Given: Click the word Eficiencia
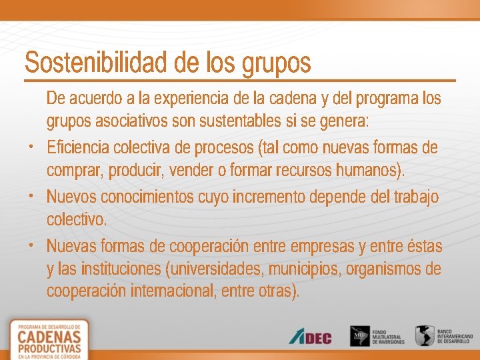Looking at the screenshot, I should point(79,147).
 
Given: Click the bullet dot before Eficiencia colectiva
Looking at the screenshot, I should point(32,145).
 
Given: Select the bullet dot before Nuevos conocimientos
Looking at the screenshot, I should point(32,196).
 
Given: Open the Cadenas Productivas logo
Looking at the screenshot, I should point(50,339).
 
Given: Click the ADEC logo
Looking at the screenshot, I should point(310,337).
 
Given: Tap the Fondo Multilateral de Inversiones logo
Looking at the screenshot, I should point(377,335).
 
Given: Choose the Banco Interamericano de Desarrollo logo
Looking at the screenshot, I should point(443,335).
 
